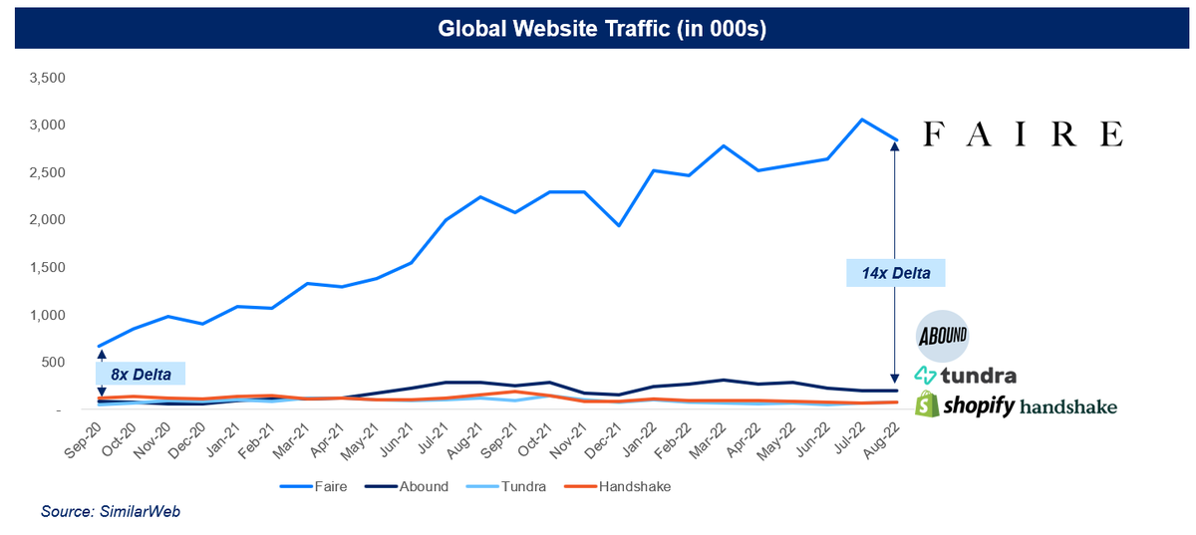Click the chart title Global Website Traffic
(x=601, y=30)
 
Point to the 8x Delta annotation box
(x=141, y=375)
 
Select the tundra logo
(x=966, y=376)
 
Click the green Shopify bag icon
(x=929, y=404)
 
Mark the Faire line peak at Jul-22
(x=860, y=120)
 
